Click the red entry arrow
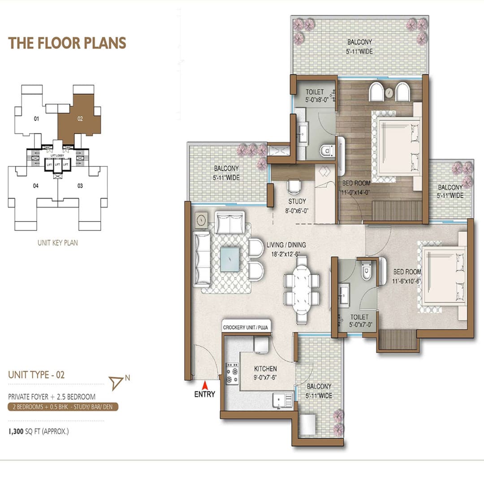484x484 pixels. (x=204, y=385)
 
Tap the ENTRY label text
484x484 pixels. (x=204, y=394)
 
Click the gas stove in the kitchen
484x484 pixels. (x=232, y=373)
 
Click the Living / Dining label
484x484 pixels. (x=286, y=245)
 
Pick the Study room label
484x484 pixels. (x=297, y=201)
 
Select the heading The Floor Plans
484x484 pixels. (x=67, y=43)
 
